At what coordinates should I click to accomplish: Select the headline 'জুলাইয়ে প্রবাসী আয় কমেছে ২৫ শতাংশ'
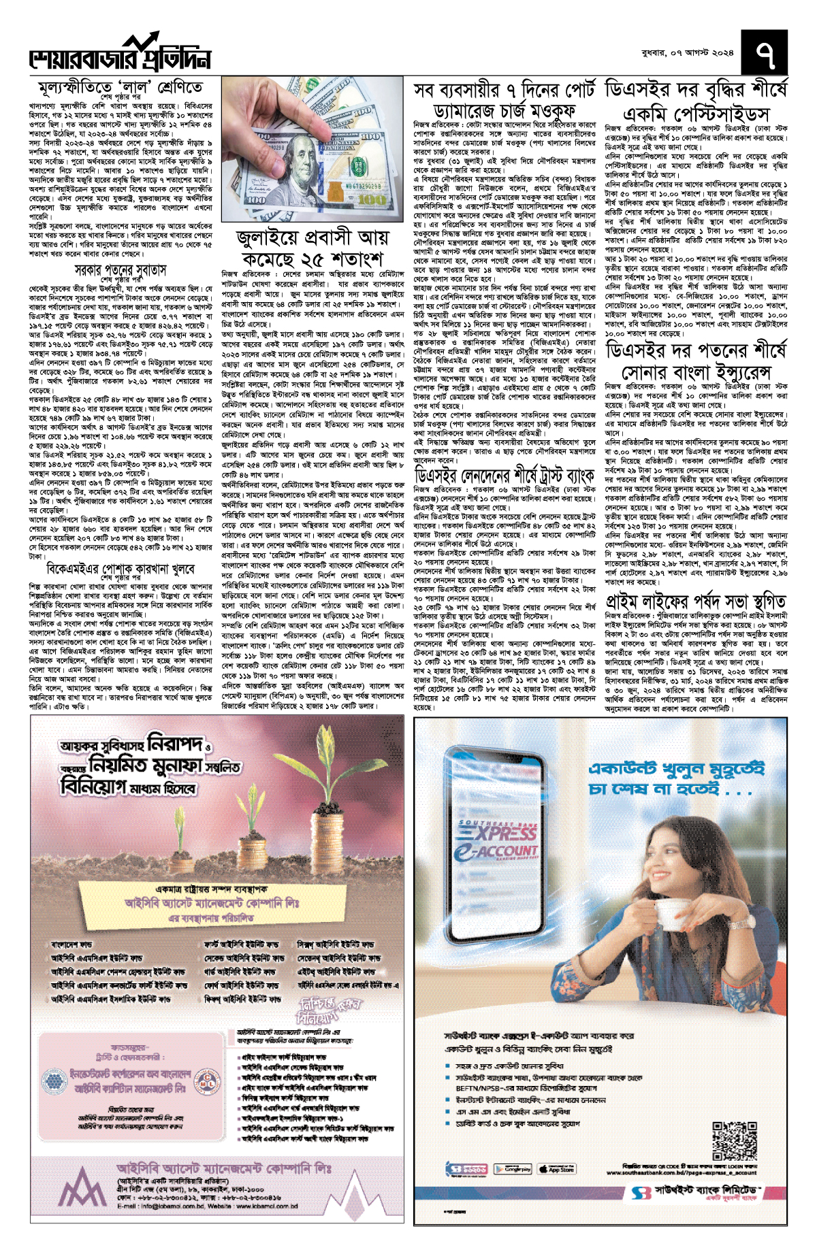point(313,248)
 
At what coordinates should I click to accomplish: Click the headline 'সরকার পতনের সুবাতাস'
point(121,270)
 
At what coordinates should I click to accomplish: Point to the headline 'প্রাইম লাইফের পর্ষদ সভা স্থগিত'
point(696,601)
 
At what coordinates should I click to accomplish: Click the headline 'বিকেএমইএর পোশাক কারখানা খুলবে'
point(121,568)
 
